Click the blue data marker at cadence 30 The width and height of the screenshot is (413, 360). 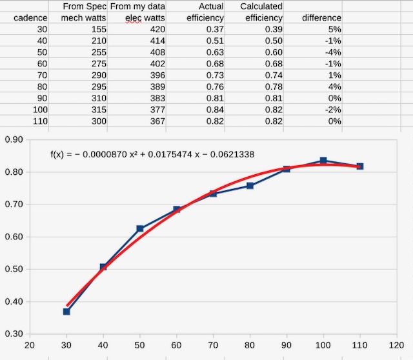pos(66,311)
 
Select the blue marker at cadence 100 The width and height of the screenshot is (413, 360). pos(323,161)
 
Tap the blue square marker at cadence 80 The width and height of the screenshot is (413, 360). pos(250,186)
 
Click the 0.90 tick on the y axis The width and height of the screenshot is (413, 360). pos(12,140)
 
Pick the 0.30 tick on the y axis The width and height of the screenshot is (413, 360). pos(12,334)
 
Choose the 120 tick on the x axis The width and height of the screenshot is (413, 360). pos(396,345)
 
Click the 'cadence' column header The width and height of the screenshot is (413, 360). pos(30,18)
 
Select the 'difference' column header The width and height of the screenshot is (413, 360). pos(321,18)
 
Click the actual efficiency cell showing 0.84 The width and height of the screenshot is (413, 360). pos(214,110)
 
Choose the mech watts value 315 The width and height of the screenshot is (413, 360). pos(97,110)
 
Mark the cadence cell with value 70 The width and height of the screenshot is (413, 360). pos(41,75)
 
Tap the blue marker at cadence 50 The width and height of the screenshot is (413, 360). pos(140,229)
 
